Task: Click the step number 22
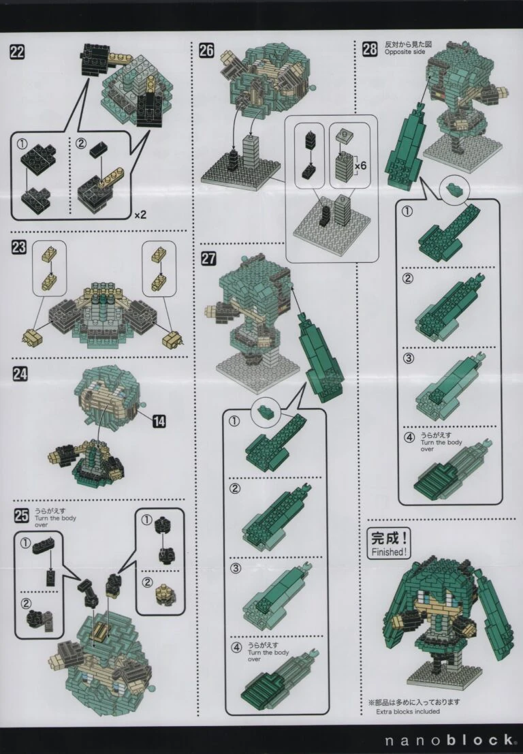pos(17,52)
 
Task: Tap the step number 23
pos(19,248)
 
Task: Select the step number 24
pos(20,374)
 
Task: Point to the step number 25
pos(21,516)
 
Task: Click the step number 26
pos(207,50)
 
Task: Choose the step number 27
pos(208,258)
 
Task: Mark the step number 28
pos(370,48)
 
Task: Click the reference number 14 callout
pos(159,422)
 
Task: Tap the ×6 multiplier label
pos(360,166)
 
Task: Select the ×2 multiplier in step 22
pos(140,215)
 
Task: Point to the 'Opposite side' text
pos(405,52)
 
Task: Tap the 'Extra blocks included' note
pos(408,711)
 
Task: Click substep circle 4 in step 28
pos(409,437)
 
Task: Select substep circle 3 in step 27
pos(236,568)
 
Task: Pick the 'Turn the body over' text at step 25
pos(54,522)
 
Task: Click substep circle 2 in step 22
pos(81,143)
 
